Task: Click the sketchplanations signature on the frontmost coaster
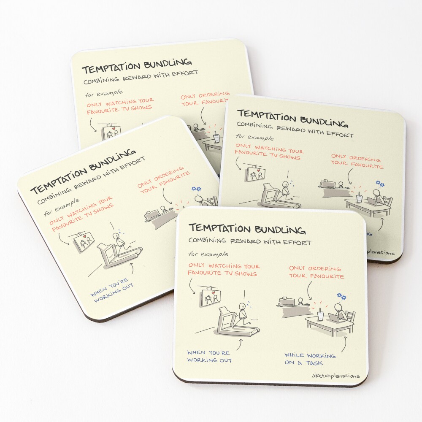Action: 335,376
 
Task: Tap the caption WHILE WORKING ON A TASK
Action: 310,359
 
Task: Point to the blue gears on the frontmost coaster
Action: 341,297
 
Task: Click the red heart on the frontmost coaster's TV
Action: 213,292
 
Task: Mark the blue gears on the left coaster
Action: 197,189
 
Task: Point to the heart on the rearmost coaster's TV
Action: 114,128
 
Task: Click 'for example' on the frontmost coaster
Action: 208,254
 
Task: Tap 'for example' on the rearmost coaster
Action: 104,94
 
